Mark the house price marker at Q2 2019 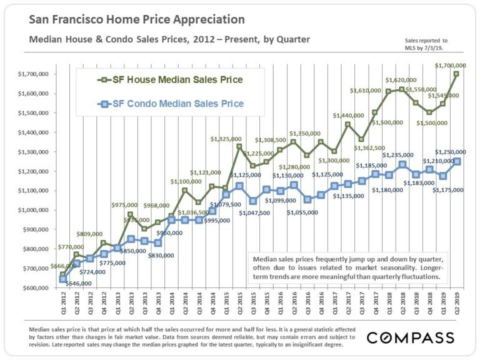(456, 74)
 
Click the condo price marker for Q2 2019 (456, 161)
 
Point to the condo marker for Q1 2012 (62, 279)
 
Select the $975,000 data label (127, 205)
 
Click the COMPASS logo (410, 337)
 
